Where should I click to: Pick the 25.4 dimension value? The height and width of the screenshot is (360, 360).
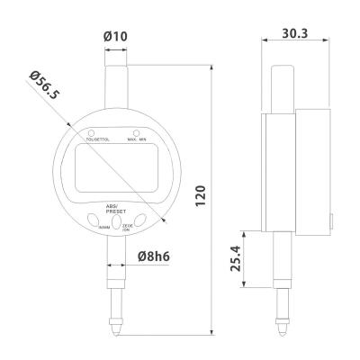pos(235,259)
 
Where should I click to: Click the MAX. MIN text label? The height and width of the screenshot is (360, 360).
pos(138,141)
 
